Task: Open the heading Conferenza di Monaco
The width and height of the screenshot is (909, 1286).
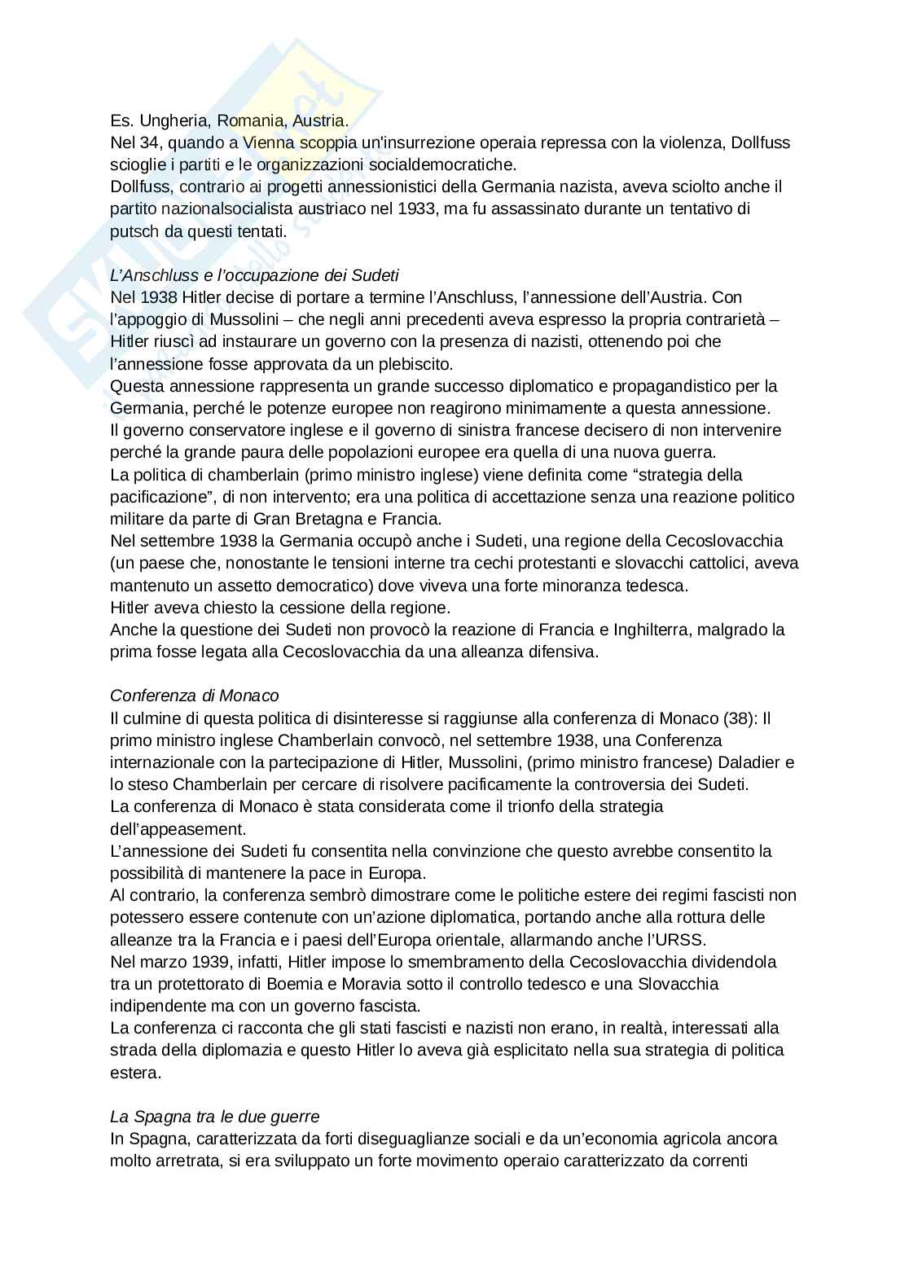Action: coord(194,696)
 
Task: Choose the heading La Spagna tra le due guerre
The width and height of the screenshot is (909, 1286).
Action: coord(215,1116)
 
